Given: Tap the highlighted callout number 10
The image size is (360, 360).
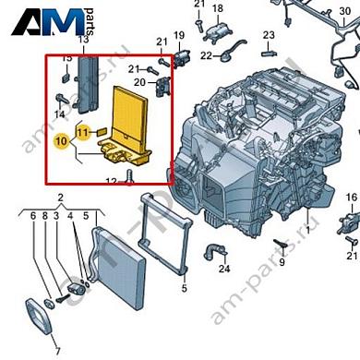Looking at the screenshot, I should (x=61, y=141).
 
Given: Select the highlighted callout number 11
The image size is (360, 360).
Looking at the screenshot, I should (x=82, y=133).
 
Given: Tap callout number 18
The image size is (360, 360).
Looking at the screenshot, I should (x=218, y=8).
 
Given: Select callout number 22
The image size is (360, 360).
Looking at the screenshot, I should (x=206, y=54).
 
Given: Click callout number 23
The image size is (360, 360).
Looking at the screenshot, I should (x=268, y=35).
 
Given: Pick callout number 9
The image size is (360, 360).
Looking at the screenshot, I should (x=281, y=262).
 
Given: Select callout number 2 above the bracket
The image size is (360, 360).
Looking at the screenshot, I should (x=59, y=198).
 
